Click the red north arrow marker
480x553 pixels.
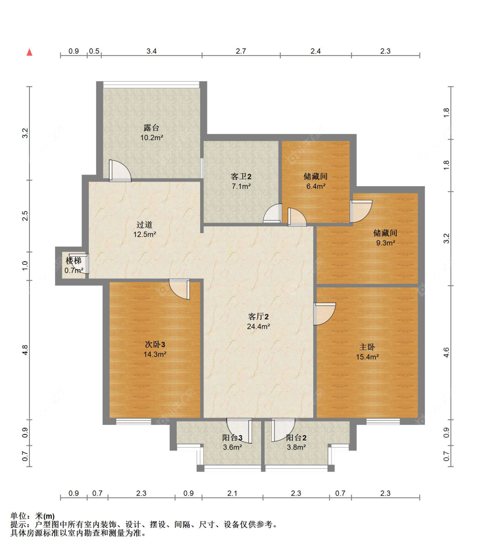click(29, 53)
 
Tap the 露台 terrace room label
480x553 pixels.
click(151, 128)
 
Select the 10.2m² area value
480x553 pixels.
click(151, 138)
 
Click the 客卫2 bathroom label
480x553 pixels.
click(241, 176)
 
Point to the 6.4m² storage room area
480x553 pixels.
click(316, 186)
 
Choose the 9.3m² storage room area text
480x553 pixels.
click(385, 243)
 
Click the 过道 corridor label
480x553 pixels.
click(145, 225)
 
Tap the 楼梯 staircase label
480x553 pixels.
click(73, 260)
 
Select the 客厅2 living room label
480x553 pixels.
click(259, 316)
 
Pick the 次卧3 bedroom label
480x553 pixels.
click(155, 344)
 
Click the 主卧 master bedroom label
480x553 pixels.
click(367, 347)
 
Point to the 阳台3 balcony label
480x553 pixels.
click(232, 438)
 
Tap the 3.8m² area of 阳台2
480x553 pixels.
click(296, 448)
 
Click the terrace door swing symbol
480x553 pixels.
click(120, 171)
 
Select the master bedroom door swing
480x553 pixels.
click(324, 313)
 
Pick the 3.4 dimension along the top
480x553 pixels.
click(151, 51)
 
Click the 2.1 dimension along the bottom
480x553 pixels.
click(232, 493)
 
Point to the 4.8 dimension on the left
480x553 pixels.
click(25, 350)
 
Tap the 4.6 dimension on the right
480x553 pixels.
click(446, 353)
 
